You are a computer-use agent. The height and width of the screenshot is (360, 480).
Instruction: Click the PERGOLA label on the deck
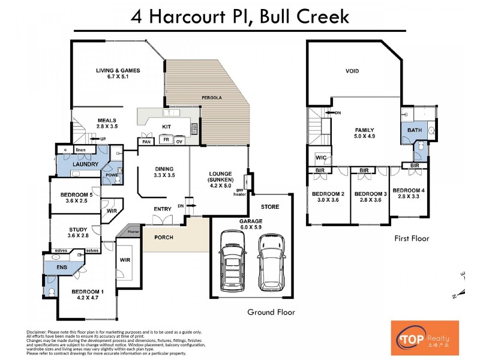(x=210, y=97)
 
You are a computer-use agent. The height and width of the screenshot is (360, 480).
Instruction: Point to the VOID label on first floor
(x=352, y=71)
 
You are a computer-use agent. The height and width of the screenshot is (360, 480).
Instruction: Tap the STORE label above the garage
(x=271, y=207)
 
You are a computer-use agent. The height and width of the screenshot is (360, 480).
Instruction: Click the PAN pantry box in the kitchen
(x=146, y=142)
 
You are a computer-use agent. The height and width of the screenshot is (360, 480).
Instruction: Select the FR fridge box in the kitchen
(x=166, y=140)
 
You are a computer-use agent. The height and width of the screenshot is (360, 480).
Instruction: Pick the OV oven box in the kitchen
(x=179, y=142)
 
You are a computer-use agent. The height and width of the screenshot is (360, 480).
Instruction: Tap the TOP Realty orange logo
(x=425, y=337)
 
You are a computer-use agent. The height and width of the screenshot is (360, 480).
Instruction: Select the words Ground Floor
(x=271, y=312)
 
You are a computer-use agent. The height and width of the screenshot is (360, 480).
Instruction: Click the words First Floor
(x=412, y=238)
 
